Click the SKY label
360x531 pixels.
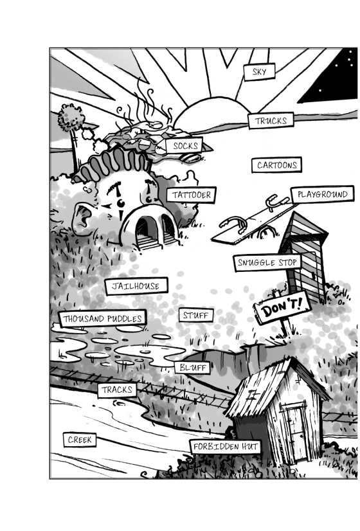click(259, 72)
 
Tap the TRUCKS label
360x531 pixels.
click(271, 121)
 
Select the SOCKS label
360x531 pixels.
click(184, 146)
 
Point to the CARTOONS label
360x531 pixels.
click(276, 165)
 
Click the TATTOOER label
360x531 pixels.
click(192, 195)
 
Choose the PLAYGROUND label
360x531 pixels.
click(323, 194)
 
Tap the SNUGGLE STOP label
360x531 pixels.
click(267, 262)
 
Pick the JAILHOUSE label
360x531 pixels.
click(136, 286)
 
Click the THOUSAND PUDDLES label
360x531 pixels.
click(102, 318)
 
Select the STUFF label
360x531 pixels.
click(196, 315)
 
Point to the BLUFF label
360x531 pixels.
click(192, 368)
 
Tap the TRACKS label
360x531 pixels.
click(117, 390)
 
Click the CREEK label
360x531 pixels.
click(80, 440)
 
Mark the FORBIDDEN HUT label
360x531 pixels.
click(225, 447)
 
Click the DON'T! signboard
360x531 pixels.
click(282, 308)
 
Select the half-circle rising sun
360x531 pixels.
click(212, 113)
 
